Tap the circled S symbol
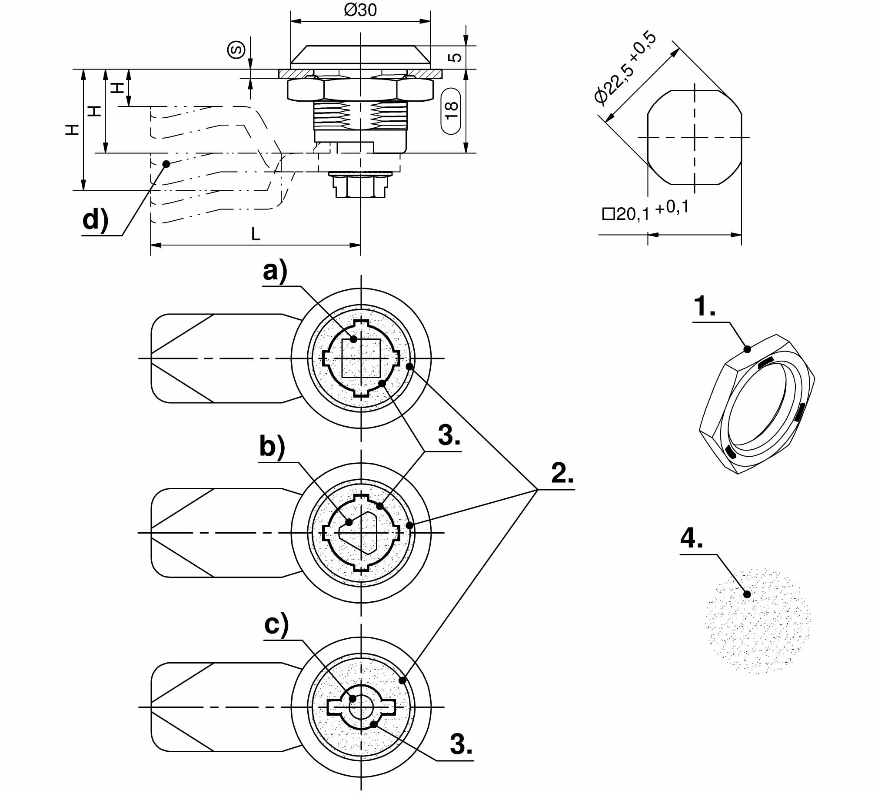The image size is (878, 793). coord(236,50)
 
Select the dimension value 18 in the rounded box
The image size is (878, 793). coord(451,111)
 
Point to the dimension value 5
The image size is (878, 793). coord(455,57)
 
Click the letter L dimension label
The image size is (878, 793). coord(256,235)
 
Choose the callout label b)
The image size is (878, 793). coord(272,447)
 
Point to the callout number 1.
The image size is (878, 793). coord(704,307)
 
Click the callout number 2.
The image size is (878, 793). coord(562,473)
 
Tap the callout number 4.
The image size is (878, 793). coord(692,539)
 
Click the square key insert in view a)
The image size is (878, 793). coord(361,358)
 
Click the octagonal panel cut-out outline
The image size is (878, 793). coord(694,137)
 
